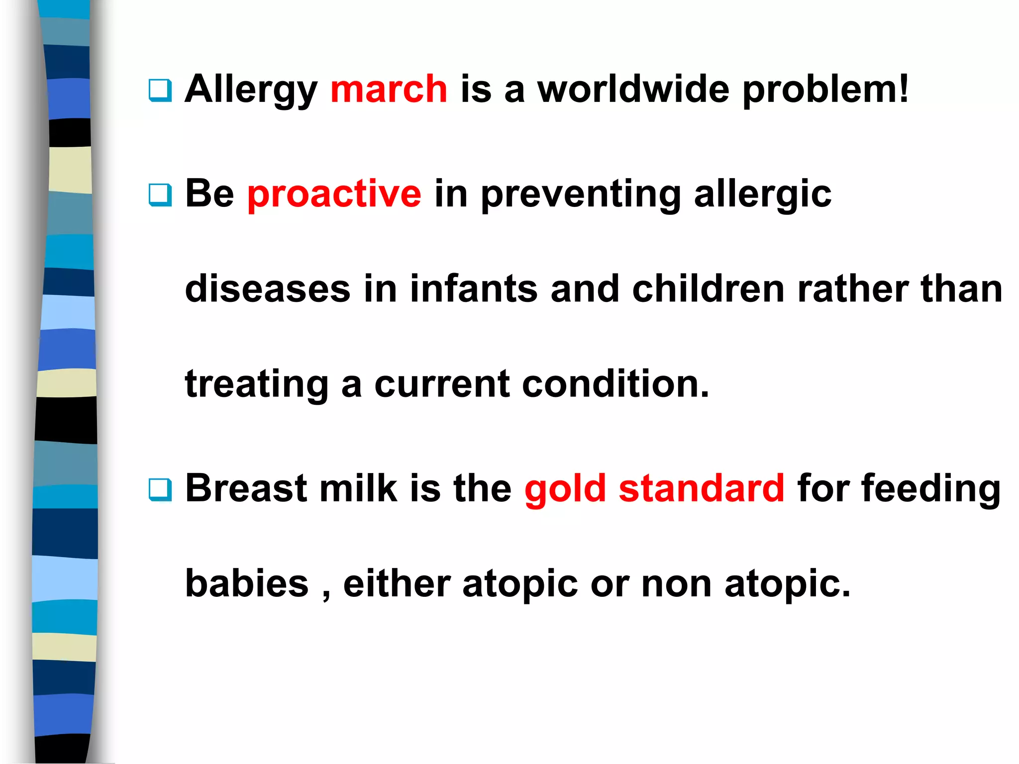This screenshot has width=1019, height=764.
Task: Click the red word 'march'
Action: [x=389, y=90]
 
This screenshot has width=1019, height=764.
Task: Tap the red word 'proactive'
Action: [x=334, y=194]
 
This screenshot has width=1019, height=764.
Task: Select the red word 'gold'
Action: [x=565, y=488]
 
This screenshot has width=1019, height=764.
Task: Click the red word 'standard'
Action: [x=702, y=488]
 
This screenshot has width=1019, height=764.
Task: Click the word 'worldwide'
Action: [x=633, y=90]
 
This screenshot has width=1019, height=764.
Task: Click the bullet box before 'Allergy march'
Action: [x=160, y=91]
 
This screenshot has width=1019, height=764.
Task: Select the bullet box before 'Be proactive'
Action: [x=160, y=195]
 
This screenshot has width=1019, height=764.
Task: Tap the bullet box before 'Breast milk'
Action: [x=160, y=489]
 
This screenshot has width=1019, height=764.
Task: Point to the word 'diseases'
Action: [x=268, y=289]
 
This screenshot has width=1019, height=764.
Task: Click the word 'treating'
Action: [x=257, y=385]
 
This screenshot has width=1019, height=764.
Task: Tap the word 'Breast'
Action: [x=246, y=488]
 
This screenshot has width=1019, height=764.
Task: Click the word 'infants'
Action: [x=474, y=289]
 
